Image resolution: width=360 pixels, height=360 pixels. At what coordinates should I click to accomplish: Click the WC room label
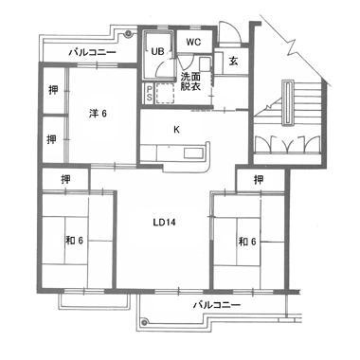tap(193, 42)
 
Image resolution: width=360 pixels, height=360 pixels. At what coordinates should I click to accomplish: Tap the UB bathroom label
tap(157, 51)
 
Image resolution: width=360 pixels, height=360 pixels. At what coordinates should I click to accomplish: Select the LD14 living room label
tap(164, 223)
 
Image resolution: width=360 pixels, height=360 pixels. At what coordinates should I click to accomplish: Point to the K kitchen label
tap(176, 129)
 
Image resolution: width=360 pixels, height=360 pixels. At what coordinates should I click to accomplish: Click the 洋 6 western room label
tap(98, 114)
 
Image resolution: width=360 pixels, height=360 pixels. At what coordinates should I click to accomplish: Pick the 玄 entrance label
tap(233, 62)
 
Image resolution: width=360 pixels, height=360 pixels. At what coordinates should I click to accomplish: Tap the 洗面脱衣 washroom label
tap(190, 81)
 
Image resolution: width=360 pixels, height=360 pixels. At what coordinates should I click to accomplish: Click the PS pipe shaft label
tap(149, 94)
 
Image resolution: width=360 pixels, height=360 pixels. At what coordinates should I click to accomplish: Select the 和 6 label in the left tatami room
tap(74, 241)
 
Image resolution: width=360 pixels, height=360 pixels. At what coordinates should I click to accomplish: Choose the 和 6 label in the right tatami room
tap(247, 242)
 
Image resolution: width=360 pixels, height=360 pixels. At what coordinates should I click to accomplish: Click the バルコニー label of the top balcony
tap(93, 52)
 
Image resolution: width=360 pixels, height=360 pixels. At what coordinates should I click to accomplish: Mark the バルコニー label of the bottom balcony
tap(217, 305)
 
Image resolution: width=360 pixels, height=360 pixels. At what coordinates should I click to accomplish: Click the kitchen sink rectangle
tap(193, 153)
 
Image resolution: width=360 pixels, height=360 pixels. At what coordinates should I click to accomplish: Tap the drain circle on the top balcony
tap(128, 33)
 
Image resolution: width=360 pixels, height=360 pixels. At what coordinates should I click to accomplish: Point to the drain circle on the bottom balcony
tap(144, 322)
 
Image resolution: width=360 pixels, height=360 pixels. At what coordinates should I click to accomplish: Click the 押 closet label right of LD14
tap(259, 180)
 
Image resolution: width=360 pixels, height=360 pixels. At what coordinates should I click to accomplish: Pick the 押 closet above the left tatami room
tap(65, 180)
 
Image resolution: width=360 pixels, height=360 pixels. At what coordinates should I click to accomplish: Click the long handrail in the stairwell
tap(287, 103)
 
